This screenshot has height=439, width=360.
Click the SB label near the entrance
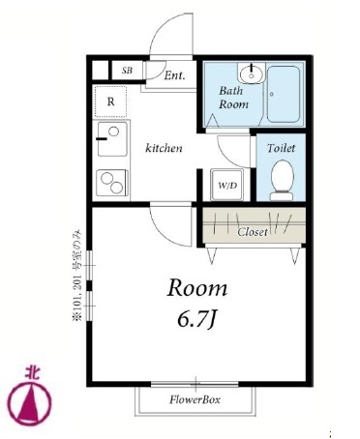click(127, 71)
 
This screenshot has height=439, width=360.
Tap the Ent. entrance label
click(175, 75)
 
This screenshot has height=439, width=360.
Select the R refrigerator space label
click(110, 102)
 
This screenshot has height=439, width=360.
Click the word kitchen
click(164, 148)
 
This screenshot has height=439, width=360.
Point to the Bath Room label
click(233, 98)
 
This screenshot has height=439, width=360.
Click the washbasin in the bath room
click(251, 73)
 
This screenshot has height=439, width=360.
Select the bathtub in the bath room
click(284, 94)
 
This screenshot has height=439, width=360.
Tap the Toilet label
click(281, 148)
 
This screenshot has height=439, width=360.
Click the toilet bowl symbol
click(283, 180)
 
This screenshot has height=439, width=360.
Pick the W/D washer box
click(227, 185)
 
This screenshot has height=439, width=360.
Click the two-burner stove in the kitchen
click(112, 183)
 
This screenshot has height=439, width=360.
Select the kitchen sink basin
click(112, 139)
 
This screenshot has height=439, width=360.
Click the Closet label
click(253, 232)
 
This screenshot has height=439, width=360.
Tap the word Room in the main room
click(197, 287)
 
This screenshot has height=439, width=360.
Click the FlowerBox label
click(195, 400)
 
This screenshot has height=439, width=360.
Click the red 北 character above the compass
click(32, 372)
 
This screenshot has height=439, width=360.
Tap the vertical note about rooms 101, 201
click(77, 276)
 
